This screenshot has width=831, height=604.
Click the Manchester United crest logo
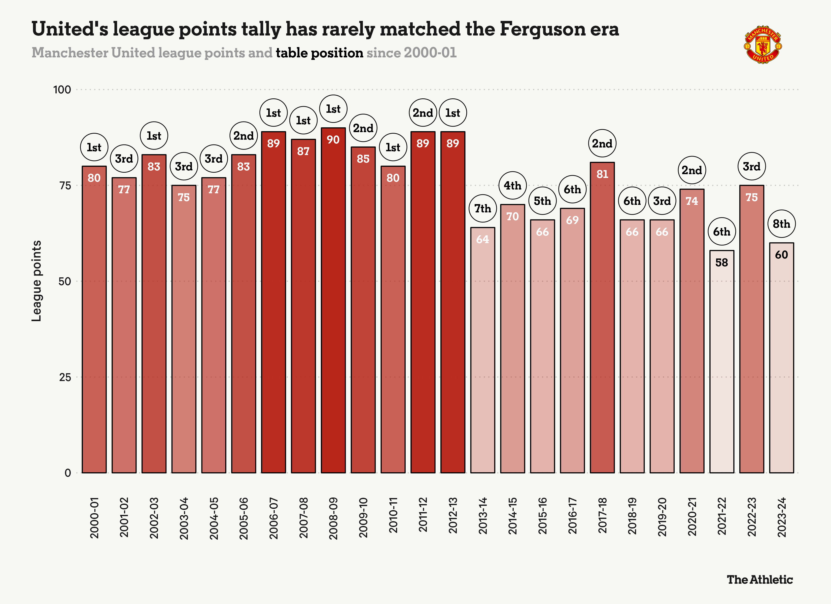pos(763,45)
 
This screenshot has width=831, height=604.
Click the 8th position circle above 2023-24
pos(781,224)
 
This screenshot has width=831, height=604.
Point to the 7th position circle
pos(482,208)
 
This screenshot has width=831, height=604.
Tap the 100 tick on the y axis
pos(62,90)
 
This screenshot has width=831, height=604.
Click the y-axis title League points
pos(37,281)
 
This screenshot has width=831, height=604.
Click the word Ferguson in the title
pos(542,29)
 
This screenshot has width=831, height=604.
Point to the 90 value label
pos(333,140)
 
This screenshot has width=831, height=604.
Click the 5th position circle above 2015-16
pos(542,201)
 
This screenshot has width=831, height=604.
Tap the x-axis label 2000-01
pos(94,518)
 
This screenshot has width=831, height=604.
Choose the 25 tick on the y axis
pos(65,377)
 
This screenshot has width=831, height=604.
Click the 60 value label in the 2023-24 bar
pos(781,255)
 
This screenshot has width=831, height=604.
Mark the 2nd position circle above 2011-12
pos(423,113)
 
